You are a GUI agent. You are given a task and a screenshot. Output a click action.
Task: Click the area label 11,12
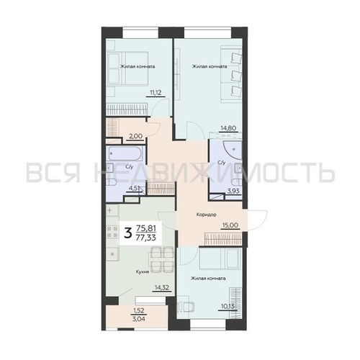(156, 92)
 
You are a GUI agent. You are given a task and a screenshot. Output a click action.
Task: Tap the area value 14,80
(229, 127)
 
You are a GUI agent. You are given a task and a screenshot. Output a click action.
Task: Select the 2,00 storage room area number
(136, 136)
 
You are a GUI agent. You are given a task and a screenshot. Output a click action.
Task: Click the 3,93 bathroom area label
(233, 191)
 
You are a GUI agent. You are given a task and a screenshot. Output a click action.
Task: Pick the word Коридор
(207, 215)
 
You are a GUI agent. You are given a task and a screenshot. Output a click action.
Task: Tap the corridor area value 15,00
(230, 225)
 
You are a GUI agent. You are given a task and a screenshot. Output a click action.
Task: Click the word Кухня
(143, 272)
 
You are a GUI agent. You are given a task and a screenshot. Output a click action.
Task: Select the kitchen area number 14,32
(162, 287)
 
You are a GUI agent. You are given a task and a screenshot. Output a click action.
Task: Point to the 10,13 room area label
(228, 306)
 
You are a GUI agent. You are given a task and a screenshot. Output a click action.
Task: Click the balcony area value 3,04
(139, 319)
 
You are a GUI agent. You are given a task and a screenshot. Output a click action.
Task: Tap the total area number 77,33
(146, 238)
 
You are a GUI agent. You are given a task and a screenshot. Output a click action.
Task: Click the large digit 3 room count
(128, 233)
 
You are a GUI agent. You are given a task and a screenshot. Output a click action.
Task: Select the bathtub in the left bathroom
(125, 153)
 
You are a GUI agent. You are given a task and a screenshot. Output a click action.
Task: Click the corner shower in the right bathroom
(232, 150)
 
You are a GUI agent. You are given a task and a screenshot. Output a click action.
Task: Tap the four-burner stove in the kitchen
(112, 232)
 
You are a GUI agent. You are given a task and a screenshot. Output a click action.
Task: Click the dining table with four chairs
(161, 260)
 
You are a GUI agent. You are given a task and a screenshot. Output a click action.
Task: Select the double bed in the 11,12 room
(127, 68)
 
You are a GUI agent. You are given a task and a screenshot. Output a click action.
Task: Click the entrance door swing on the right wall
(257, 220)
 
